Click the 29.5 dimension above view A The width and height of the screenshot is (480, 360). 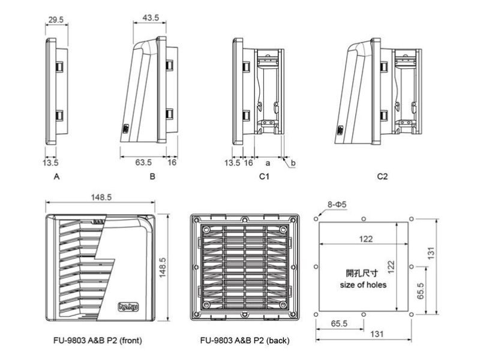[56, 20]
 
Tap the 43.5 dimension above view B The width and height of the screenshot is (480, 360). [151, 18]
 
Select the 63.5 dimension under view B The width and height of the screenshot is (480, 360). [143, 162]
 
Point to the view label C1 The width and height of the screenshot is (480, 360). [264, 176]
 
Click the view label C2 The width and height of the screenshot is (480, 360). [382, 176]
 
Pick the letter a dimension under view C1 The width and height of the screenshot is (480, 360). [268, 163]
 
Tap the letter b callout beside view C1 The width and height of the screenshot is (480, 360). [293, 163]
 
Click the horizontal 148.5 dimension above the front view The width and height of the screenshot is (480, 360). [101, 197]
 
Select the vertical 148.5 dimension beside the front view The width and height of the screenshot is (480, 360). [162, 268]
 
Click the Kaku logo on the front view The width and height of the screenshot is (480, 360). [128, 307]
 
